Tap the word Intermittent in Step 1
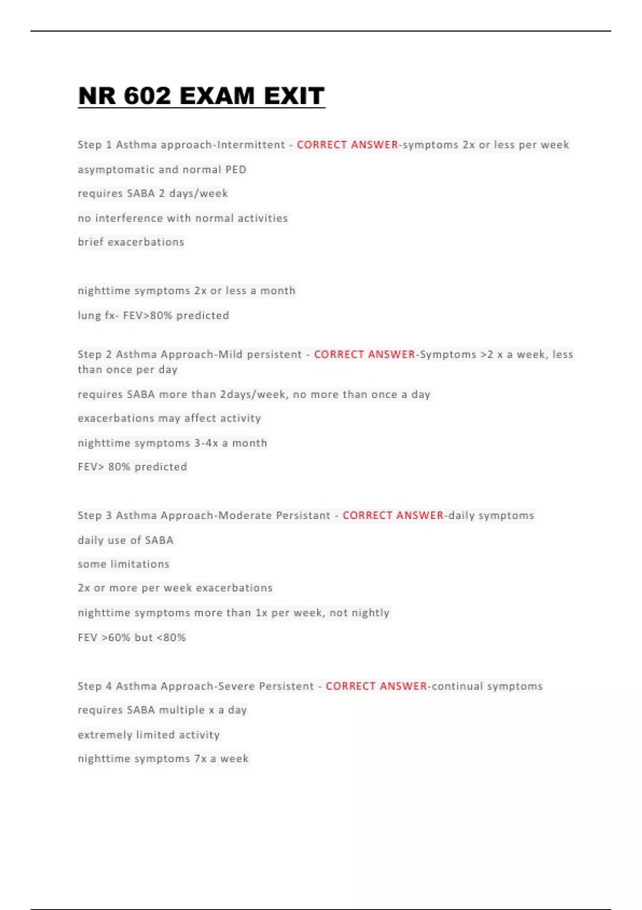[251, 145]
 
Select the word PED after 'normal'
[235, 170]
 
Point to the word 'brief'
[90, 242]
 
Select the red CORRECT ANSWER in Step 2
[364, 354]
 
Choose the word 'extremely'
[105, 735]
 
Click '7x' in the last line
[200, 759]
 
